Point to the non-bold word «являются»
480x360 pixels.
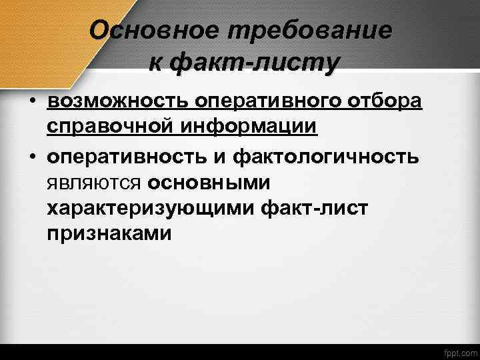94,183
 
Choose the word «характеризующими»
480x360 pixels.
163,208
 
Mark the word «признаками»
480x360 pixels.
109,233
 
